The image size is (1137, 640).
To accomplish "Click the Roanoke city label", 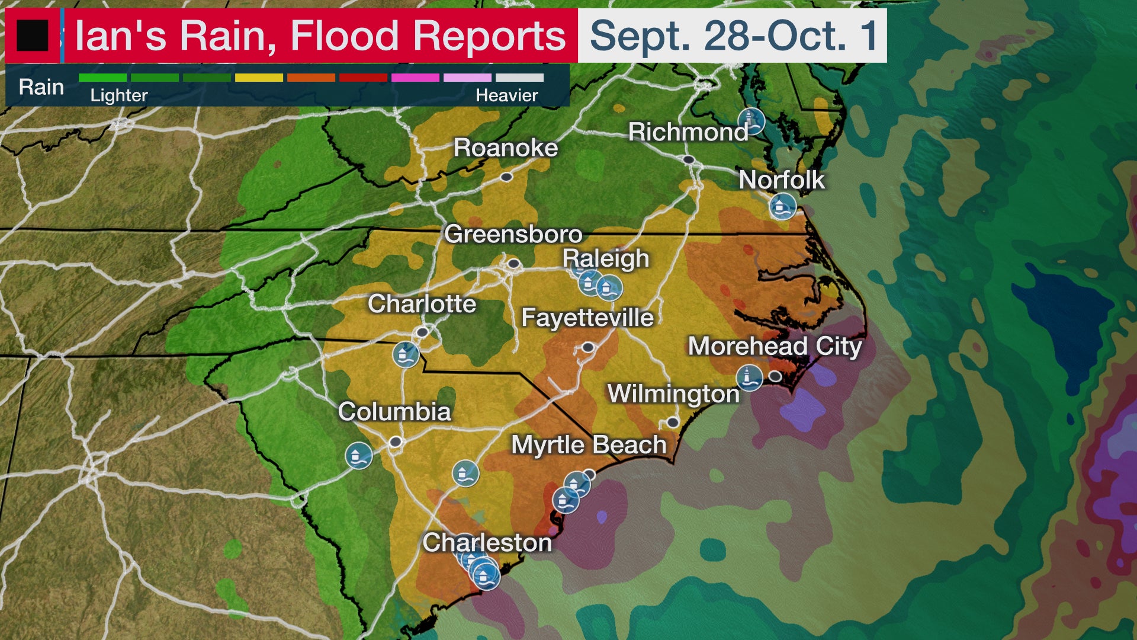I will pyautogui.click(x=505, y=148).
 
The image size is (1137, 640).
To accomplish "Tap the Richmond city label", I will pyautogui.click(x=688, y=132).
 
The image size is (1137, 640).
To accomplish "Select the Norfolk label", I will pyautogui.click(x=781, y=180).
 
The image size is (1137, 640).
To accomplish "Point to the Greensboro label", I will pyautogui.click(x=513, y=234).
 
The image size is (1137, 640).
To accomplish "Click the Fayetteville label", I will pyautogui.click(x=587, y=318).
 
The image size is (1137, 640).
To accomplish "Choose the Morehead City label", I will pyautogui.click(x=774, y=346).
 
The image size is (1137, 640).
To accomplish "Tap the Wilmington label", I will pyautogui.click(x=673, y=394).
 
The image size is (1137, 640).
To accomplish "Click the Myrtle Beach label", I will pyautogui.click(x=589, y=445).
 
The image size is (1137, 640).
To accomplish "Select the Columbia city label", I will pyautogui.click(x=394, y=412).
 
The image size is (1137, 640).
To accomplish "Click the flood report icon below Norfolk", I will pyautogui.click(x=782, y=207).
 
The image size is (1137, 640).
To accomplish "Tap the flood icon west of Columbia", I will pyautogui.click(x=359, y=456).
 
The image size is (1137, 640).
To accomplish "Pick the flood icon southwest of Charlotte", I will pyautogui.click(x=406, y=354).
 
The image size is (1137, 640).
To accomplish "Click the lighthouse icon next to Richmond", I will pyautogui.click(x=751, y=121).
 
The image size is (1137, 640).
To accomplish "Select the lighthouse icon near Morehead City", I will pyautogui.click(x=750, y=377).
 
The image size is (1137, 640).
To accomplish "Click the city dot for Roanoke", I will pyautogui.click(x=506, y=177).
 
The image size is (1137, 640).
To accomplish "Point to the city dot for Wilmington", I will pyautogui.click(x=673, y=423).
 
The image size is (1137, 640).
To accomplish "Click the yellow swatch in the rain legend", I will pyautogui.click(x=259, y=78).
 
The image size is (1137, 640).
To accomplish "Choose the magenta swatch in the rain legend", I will pyautogui.click(x=415, y=78).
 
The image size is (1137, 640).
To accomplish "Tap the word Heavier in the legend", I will pyautogui.click(x=507, y=95).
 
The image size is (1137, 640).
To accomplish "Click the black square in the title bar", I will pyautogui.click(x=32, y=36).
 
